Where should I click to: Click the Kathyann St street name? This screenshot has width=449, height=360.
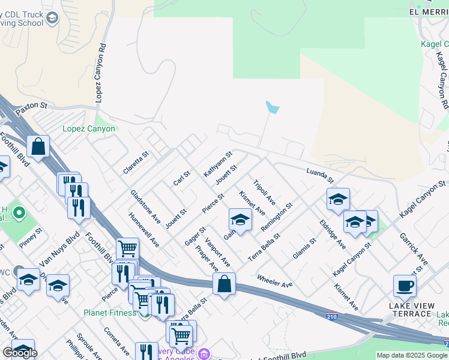click(218, 164)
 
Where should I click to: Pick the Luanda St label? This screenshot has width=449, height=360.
click(319, 175)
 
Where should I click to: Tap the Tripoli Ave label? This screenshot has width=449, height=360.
click(264, 191)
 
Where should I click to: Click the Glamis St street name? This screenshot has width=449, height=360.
click(304, 250)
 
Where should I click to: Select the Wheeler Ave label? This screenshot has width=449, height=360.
click(274, 280)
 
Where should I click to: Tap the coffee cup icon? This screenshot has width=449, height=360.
click(405, 286)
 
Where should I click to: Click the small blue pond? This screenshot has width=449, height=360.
click(272, 108)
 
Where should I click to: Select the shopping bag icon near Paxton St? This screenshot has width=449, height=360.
click(38, 146)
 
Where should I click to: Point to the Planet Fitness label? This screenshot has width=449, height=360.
click(110, 312)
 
